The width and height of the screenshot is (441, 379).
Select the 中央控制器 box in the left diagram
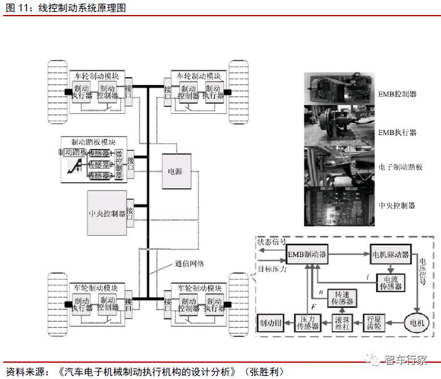pyautogui.click(x=106, y=212)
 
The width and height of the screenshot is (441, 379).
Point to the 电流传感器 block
pyautogui.click(x=390, y=283)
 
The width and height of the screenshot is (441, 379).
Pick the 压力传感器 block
pyautogui.click(x=307, y=323)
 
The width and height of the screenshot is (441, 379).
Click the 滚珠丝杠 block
pyautogui.click(x=342, y=323)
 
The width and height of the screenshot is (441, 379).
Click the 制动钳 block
pyautogui.click(x=271, y=323)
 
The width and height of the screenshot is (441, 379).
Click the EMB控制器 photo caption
pyautogui.click(x=397, y=94)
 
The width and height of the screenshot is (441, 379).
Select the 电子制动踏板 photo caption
pyautogui.click(x=401, y=167)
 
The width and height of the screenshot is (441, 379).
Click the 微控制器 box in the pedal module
pyautogui.click(x=119, y=163)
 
